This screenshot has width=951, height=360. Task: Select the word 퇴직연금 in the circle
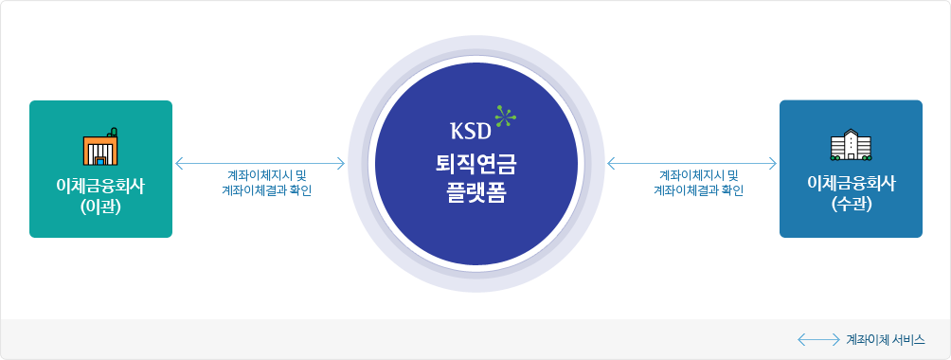pyautogui.click(x=475, y=161)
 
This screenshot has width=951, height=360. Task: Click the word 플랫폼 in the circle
pyautogui.click(x=475, y=189)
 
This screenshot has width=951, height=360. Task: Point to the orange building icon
pyautogui.click(x=99, y=148)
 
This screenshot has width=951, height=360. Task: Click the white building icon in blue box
pyautogui.click(x=850, y=146)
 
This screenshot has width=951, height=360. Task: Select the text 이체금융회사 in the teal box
pyautogui.click(x=100, y=183)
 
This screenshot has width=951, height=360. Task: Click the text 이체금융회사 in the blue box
pyautogui.click(x=851, y=183)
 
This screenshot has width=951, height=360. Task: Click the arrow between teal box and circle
pyautogui.click(x=260, y=163)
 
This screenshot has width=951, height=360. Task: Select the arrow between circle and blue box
pyautogui.click(x=691, y=163)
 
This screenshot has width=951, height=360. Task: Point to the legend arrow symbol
pyautogui.click(x=818, y=338)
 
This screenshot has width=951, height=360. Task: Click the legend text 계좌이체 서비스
pyautogui.click(x=885, y=338)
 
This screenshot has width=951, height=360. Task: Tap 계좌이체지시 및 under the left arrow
pyautogui.click(x=260, y=175)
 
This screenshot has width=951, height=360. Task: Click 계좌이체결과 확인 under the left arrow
pyautogui.click(x=260, y=189)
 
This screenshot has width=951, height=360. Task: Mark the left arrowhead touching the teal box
pyautogui.click(x=178, y=163)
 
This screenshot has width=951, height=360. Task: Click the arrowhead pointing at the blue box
pyautogui.click(x=773, y=163)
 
